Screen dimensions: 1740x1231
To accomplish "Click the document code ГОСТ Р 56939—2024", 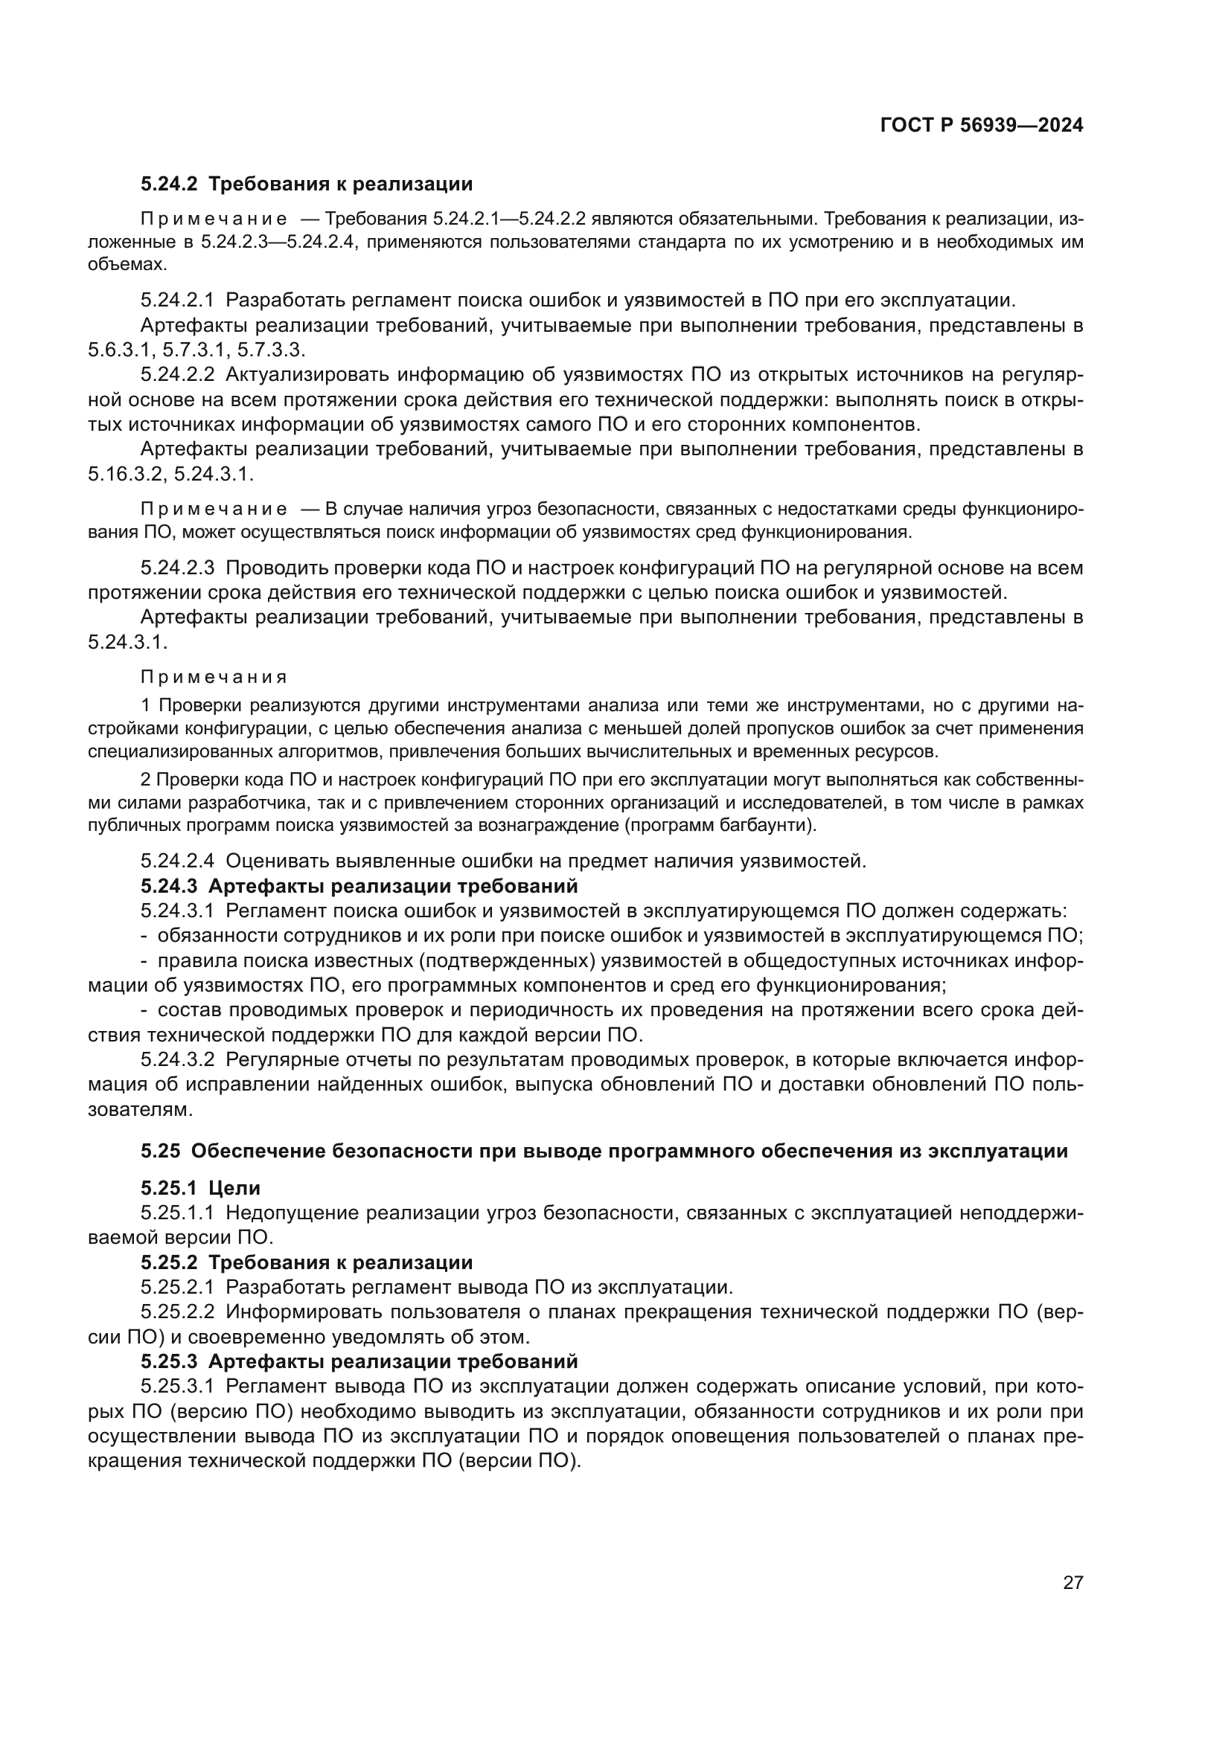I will click(x=982, y=126).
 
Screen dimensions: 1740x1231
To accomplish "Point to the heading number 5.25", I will click(x=160, y=1150).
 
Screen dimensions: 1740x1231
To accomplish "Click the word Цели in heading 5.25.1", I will click(x=234, y=1188).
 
